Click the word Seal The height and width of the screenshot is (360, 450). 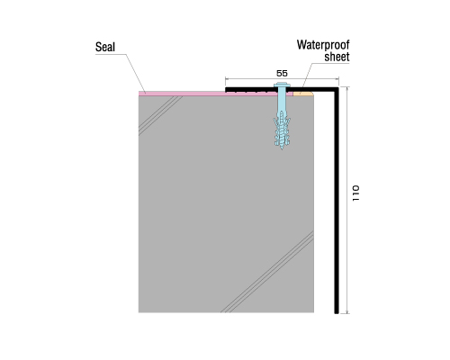tap(105, 47)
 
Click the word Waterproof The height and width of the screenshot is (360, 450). tap(323, 45)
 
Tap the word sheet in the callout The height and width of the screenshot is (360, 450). tap(337, 57)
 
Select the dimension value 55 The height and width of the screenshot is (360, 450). tap(282, 73)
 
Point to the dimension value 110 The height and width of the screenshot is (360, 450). tap(355, 193)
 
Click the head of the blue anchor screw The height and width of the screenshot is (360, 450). tap(282, 85)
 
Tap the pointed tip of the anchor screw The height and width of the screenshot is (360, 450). tap(282, 148)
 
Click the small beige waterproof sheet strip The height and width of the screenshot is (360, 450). tap(303, 94)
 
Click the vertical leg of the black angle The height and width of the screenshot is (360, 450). tap(337, 201)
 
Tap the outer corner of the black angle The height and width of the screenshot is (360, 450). tap(338, 87)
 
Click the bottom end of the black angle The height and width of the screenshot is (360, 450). tap(337, 313)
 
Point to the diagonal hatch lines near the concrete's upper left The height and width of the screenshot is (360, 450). tap(159, 115)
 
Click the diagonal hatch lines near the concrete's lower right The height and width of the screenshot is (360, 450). tap(267, 272)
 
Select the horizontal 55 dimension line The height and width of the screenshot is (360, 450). tap(282, 79)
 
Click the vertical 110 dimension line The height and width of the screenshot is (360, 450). tap(347, 200)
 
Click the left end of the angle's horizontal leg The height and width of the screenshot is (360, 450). tap(226, 89)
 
